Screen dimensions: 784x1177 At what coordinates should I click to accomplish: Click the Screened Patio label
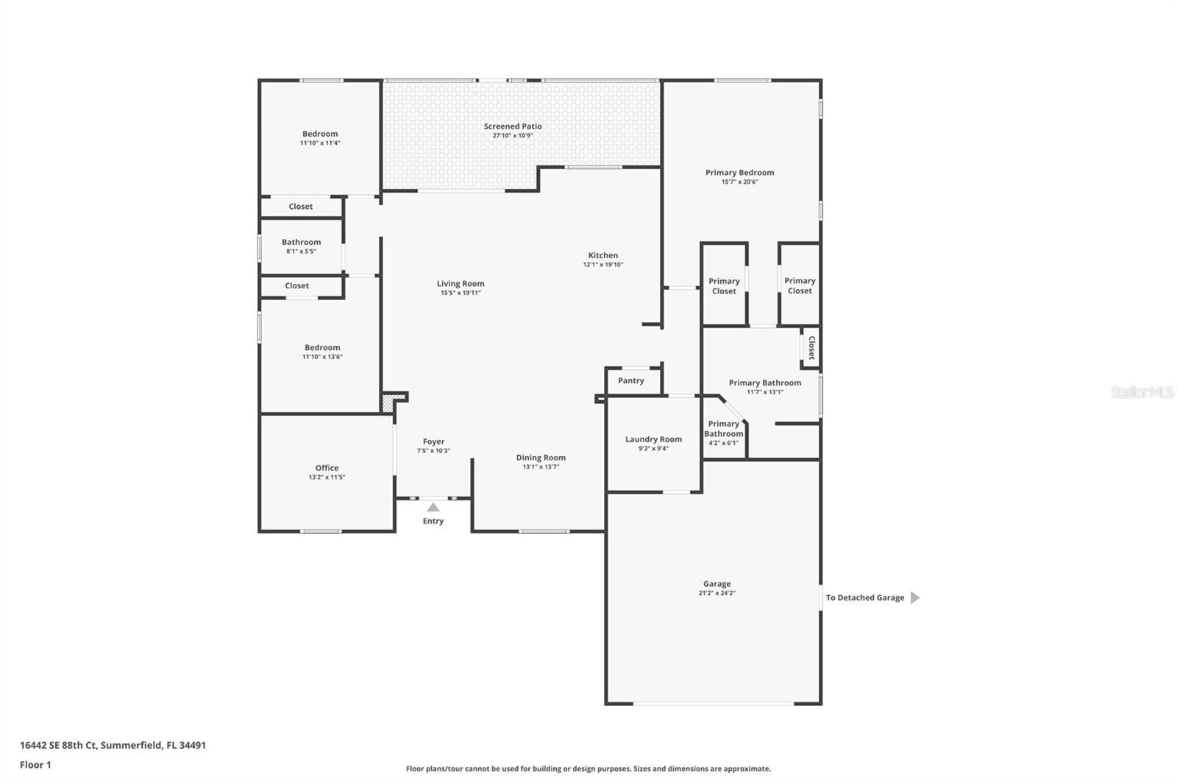pos(513,126)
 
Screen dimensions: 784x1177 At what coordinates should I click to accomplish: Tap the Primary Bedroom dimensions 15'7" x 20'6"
pos(739,182)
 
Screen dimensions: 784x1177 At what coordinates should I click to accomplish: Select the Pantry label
pos(630,381)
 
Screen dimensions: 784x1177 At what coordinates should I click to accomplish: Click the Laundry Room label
pos(653,440)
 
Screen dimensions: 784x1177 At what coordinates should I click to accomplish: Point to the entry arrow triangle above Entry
pos(433,507)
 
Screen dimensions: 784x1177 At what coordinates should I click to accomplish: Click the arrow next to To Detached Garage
pos(914,598)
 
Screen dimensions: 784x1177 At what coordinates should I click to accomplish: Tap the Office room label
pos(327,468)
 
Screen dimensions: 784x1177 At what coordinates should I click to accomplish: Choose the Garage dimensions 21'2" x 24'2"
pos(716,593)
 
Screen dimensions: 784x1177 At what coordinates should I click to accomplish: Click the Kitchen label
pos(602,255)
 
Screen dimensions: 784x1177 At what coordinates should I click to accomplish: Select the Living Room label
pos(461,284)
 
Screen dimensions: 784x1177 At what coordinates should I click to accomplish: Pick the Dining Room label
pos(541,457)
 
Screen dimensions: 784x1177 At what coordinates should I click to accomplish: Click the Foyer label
pos(433,442)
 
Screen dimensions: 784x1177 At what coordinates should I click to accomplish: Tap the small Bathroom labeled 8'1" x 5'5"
pos(301,243)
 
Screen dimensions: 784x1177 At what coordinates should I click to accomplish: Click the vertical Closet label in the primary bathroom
pos(811,347)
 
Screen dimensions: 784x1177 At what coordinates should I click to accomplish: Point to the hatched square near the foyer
pos(388,404)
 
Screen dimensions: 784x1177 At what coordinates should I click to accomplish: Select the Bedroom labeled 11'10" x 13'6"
pos(322,348)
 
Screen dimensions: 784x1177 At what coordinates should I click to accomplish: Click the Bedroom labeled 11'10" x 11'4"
pos(320,134)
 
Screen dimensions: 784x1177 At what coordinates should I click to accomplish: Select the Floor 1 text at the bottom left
pos(35,765)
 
